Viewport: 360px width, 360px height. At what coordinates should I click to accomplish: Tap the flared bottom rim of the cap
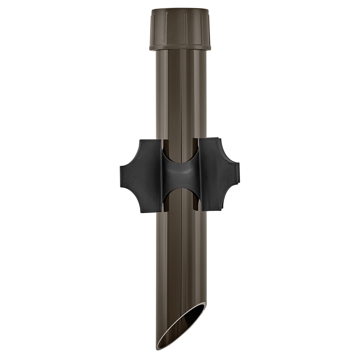tap(180, 48)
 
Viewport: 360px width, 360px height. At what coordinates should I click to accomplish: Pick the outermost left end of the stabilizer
tap(121, 176)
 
